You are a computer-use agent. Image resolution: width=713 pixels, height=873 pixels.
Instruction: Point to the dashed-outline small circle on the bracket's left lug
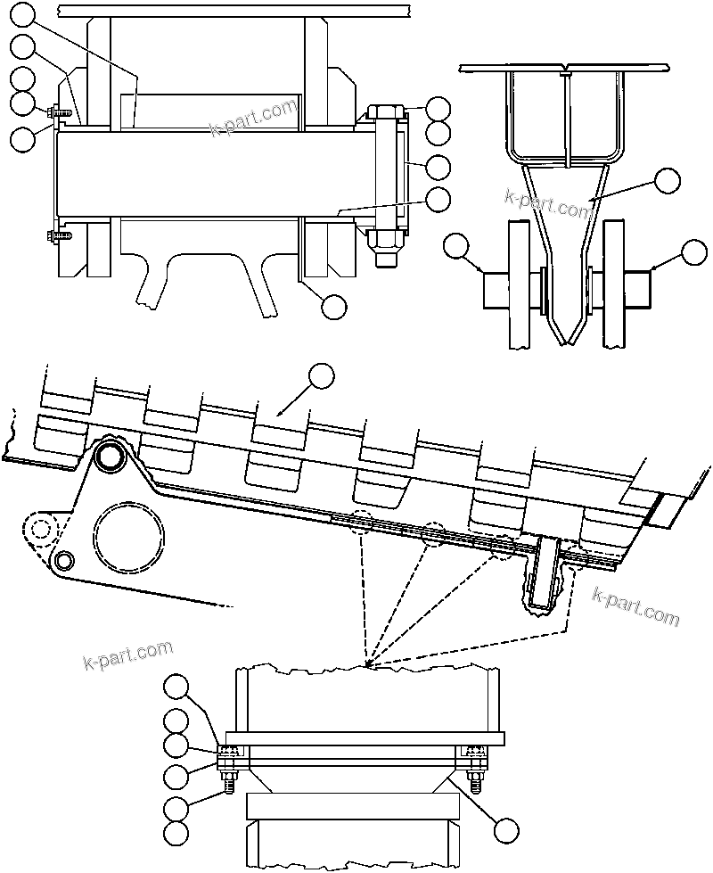pos(39,528)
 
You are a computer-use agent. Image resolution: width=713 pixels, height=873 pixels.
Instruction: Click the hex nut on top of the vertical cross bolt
pos(384,113)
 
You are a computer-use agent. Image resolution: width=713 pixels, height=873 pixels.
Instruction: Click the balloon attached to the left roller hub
pos(456,247)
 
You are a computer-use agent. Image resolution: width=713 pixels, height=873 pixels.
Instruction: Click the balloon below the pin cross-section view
pos(333,307)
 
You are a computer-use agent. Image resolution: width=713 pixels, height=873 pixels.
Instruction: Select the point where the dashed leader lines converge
pos(370,667)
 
